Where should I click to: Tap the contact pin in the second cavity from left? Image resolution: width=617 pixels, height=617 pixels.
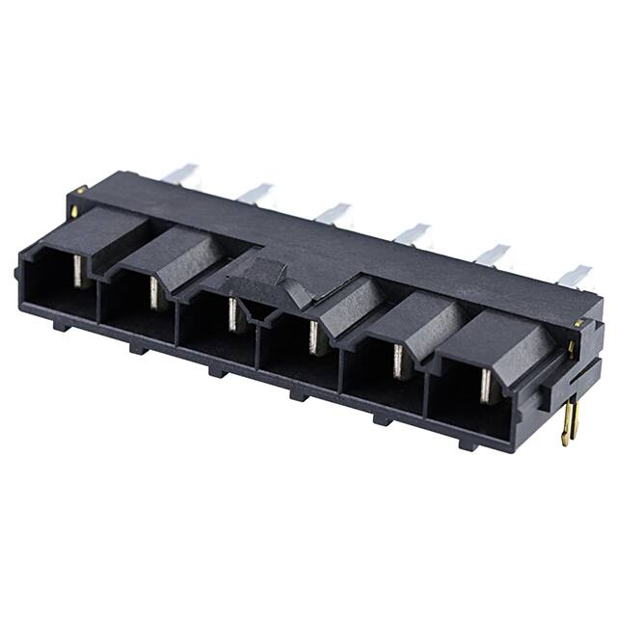[153, 292]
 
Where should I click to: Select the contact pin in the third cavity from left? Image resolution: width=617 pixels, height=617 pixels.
[232, 314]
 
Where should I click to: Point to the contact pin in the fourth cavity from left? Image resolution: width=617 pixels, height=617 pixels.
[313, 337]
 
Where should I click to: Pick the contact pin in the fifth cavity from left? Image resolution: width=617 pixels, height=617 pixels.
[397, 361]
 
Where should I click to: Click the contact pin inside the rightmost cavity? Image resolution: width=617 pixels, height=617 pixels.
[485, 385]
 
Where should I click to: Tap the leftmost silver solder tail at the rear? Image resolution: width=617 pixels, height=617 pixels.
[180, 174]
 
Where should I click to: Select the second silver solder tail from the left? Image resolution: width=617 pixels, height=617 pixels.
[255, 194]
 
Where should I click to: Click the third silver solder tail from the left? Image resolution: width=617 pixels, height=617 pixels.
[333, 213]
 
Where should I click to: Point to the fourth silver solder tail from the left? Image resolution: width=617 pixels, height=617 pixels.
[412, 233]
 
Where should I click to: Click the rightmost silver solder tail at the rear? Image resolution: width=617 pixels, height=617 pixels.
[575, 276]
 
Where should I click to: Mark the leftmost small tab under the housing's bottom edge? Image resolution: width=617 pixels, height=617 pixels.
[61, 325]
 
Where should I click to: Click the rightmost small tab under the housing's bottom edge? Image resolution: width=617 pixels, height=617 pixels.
[469, 444]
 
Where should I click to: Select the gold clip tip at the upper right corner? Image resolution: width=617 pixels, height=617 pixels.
[577, 323]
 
